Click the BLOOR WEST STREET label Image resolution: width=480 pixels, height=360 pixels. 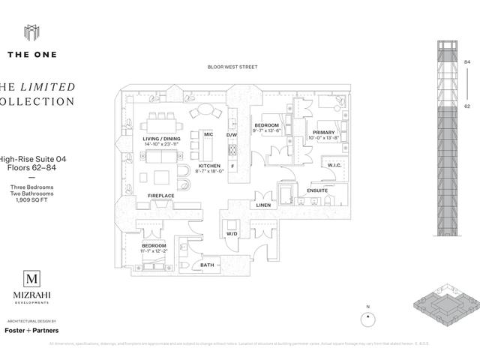(232, 67)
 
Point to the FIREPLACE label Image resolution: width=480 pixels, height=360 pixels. (160, 196)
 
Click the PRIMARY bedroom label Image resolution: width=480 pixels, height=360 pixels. (323, 132)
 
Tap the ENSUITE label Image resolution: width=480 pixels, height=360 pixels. (317, 190)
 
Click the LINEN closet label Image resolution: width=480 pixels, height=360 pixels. (262, 205)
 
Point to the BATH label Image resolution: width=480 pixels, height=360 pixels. (206, 265)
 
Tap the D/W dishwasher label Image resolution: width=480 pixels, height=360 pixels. (232, 135)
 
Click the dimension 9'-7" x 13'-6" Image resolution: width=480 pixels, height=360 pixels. (268, 131)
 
